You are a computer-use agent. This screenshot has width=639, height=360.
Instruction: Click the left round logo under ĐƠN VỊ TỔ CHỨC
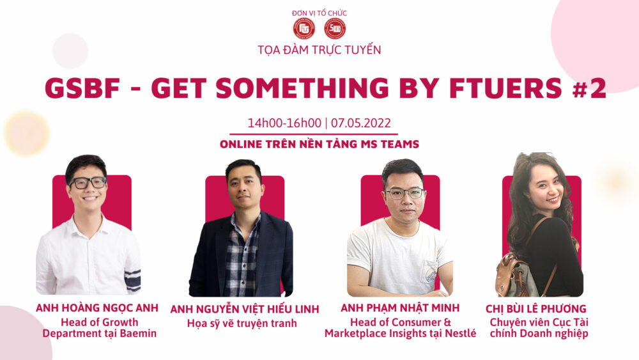point(304,29)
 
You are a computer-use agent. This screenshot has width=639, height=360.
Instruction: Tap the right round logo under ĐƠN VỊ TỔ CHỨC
point(335,29)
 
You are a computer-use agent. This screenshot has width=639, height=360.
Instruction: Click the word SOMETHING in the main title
point(302,88)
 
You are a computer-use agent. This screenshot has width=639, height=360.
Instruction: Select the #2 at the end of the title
point(589,88)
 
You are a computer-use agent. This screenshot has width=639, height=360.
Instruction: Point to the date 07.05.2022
point(360,123)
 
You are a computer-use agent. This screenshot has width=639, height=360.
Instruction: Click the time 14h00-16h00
point(284,123)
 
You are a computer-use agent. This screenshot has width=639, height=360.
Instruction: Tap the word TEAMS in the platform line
point(400,145)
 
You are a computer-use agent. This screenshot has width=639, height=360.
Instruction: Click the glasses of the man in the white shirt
point(88,182)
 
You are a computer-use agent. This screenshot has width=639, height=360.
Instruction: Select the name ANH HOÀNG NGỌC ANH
point(97,308)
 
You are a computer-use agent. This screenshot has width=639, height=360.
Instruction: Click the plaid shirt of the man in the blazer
point(242,257)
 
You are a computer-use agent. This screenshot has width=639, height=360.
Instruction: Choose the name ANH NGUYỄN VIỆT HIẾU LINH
point(245,309)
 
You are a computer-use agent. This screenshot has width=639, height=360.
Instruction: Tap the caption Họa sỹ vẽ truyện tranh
point(242,324)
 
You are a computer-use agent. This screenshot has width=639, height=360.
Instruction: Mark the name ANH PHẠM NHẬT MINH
point(400,308)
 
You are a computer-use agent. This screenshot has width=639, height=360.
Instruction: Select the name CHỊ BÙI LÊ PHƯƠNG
point(536,309)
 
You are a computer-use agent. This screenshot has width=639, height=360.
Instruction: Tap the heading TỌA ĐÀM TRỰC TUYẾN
point(319,50)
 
